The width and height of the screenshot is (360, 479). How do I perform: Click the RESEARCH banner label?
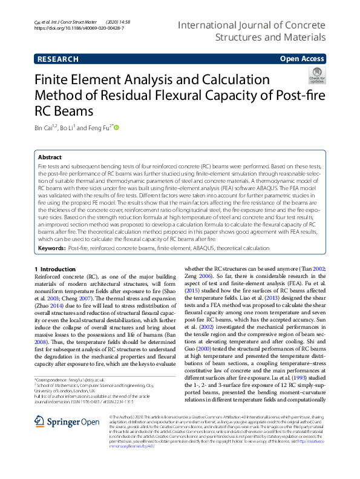pyautogui.click(x=57, y=59)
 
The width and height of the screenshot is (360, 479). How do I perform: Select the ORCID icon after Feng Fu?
pyautogui.click(x=117, y=128)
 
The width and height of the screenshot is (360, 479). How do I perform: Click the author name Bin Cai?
pyautogui.click(x=44, y=128)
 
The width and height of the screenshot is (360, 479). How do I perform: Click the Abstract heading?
pyautogui.click(x=50, y=156)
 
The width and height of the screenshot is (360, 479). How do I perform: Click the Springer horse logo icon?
pyautogui.click(x=39, y=422)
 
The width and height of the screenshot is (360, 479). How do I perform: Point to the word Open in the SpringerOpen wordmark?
pyautogui.click(x=87, y=422)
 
